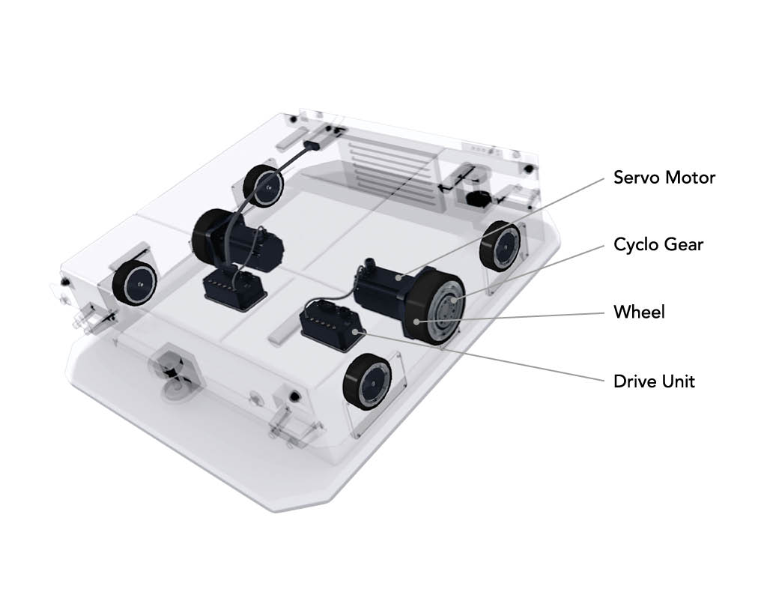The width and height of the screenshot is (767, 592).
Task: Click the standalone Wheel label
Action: pos(640,312)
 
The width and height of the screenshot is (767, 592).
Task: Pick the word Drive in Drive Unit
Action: pos(634,381)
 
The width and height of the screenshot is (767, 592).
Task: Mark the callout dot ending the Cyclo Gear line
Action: pos(455,299)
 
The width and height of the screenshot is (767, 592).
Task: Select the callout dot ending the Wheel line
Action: pos(416,321)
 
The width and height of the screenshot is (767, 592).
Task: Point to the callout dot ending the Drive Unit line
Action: pos(361,333)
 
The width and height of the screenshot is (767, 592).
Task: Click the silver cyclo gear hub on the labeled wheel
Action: pos(446,307)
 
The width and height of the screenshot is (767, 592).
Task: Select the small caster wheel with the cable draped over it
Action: pos(263,186)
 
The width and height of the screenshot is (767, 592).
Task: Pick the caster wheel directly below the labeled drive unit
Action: pos(367,378)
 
